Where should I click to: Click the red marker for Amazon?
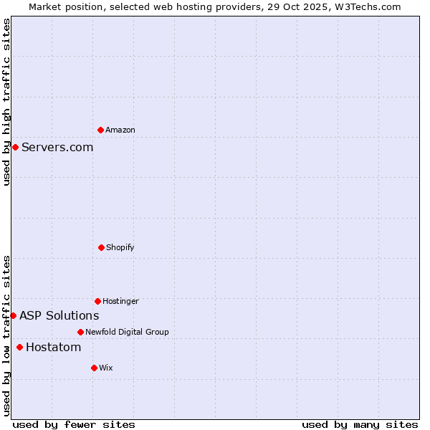tap(100, 130)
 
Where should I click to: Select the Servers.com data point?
tap(15, 147)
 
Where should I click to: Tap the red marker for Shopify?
tap(101, 247)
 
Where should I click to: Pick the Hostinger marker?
tap(97, 301)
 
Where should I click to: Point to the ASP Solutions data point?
tap(13, 315)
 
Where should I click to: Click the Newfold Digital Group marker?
tap(80, 332)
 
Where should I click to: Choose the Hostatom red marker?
tap(19, 347)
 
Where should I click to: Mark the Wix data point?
tap(94, 368)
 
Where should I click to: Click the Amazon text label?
tap(120, 130)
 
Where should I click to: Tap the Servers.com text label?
tap(57, 147)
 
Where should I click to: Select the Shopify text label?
tap(120, 247)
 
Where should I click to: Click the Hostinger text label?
tap(120, 301)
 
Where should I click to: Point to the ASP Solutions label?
tap(59, 315)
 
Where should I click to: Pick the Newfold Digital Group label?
tap(127, 332)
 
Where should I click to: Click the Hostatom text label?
tap(53, 347)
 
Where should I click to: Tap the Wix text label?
tap(106, 368)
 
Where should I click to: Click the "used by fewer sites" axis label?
tap(74, 424)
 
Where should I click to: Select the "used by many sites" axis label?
tap(360, 424)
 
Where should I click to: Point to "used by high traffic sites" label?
tap(6, 102)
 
